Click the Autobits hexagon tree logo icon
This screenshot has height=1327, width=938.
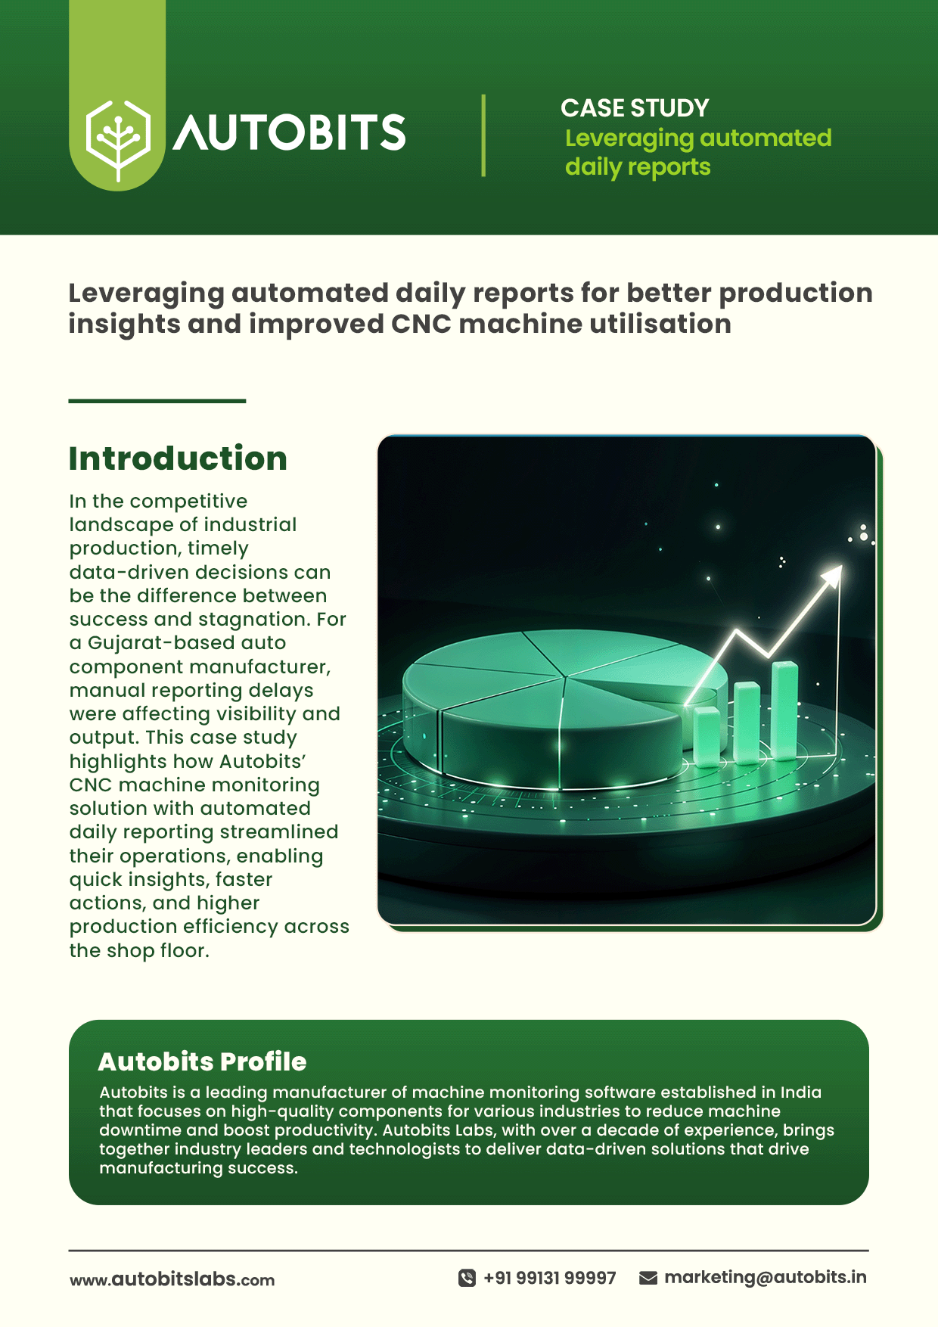coord(118,140)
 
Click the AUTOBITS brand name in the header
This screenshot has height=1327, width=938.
coord(290,132)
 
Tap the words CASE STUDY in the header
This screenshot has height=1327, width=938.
coord(635,108)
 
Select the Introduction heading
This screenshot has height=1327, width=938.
coord(178,458)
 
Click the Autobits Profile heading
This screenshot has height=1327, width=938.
coord(202,1061)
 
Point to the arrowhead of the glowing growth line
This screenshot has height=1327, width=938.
coord(832,576)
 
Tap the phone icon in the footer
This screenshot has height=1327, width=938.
coord(467,1278)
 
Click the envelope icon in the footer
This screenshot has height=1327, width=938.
coord(648,1278)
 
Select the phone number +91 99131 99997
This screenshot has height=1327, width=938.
coord(550,1278)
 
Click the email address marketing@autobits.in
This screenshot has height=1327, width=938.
coord(766,1277)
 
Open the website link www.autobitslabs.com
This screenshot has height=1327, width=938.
coord(172,1279)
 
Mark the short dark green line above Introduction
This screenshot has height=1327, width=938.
coord(157,401)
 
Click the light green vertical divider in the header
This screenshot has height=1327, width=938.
coord(483,135)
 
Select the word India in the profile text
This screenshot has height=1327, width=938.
coord(801,1092)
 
